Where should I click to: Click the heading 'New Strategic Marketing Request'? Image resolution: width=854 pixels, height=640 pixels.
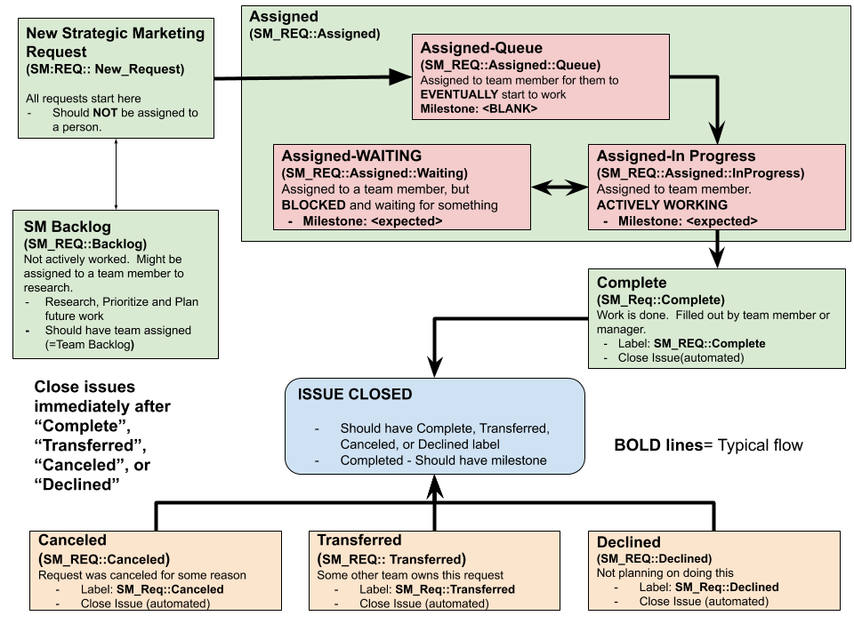(115, 43)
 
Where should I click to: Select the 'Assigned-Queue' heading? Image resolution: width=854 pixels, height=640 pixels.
(481, 48)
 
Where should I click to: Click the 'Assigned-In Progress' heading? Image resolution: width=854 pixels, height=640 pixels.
(676, 156)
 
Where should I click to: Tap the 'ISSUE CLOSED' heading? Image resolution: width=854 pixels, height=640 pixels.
(355, 395)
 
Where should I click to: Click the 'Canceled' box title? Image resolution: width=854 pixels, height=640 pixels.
(72, 540)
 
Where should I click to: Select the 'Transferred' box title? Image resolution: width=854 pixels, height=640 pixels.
(359, 540)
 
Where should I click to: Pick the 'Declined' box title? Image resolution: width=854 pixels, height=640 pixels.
(629, 542)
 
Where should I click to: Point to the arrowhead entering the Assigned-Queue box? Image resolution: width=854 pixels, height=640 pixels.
(403, 78)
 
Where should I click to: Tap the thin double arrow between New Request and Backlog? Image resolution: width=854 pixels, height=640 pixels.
(117, 174)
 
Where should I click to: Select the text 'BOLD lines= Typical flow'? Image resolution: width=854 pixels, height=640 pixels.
(709, 444)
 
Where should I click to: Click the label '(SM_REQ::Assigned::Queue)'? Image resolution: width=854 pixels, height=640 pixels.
(510, 65)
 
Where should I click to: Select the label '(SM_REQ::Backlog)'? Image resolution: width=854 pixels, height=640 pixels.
(85, 244)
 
